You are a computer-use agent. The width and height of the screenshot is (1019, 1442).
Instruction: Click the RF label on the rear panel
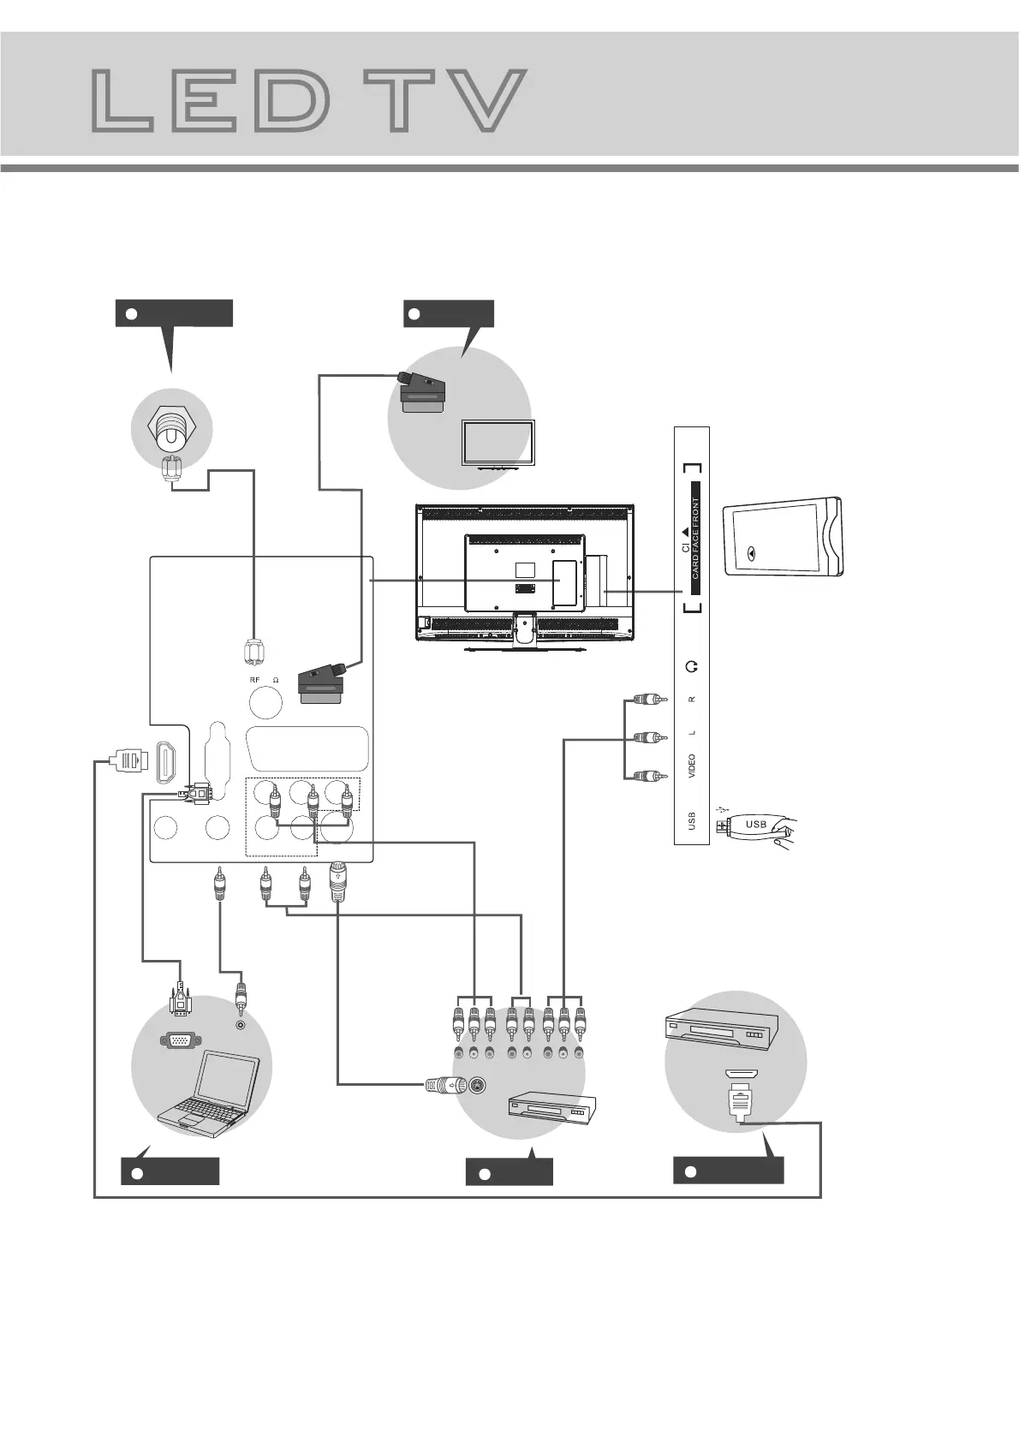pos(254,680)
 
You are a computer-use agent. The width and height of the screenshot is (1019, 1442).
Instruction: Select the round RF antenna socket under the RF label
pos(265,702)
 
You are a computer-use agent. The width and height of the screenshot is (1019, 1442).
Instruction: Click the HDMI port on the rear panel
pos(165,762)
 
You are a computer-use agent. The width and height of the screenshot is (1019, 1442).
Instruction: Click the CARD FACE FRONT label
pos(695,538)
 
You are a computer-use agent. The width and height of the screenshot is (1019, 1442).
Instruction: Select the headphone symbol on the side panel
pos(692,666)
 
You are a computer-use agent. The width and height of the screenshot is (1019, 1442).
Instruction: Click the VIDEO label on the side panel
pos(692,765)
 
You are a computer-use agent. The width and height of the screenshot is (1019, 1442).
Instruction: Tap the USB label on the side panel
pos(692,821)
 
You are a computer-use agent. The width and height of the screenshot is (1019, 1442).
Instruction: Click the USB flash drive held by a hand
pos(754,825)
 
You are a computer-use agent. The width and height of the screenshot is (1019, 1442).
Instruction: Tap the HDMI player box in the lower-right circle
pos(721,1032)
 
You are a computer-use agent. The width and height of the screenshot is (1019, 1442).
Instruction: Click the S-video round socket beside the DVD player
pos(478,1087)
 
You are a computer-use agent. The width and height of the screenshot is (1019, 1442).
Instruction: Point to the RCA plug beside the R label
pos(648,700)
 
